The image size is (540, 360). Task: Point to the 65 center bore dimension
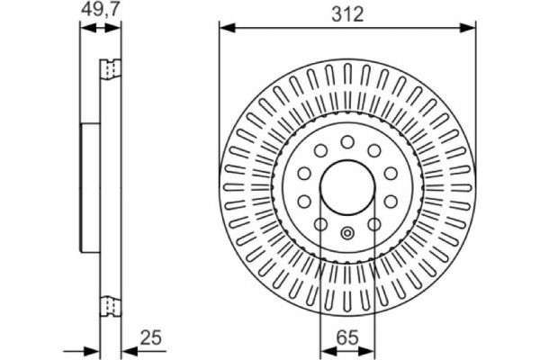pyautogui.click(x=347, y=339)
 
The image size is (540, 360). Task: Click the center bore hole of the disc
pyautogui.click(x=347, y=186)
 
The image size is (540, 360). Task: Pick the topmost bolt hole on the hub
pyautogui.click(x=347, y=141)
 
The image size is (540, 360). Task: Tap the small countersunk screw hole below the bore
pyautogui.click(x=347, y=233)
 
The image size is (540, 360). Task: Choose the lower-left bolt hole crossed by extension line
pyautogui.click(x=321, y=223)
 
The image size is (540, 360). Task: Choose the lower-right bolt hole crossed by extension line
pyautogui.click(x=373, y=223)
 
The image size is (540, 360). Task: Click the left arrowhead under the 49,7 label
pyautogui.click(x=85, y=29)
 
